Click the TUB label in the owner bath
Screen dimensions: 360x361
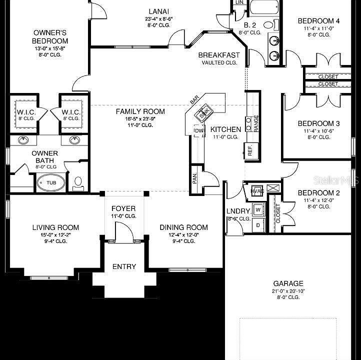(51, 183)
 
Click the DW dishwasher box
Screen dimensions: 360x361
(198, 131)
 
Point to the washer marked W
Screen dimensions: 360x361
(258, 209)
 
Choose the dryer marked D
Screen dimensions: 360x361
(258, 225)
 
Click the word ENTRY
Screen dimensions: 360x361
(124, 266)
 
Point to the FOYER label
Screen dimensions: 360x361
(123, 208)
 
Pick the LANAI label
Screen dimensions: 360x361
(158, 11)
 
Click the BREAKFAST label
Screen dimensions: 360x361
(219, 55)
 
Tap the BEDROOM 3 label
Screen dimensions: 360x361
(319, 123)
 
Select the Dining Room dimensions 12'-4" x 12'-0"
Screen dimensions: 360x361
(183, 234)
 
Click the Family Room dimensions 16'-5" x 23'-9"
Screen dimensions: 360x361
(133, 118)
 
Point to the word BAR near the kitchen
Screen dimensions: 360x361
(194, 100)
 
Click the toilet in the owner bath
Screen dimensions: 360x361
(78, 182)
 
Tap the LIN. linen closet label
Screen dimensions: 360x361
(239, 2)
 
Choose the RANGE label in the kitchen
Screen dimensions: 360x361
(256, 123)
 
